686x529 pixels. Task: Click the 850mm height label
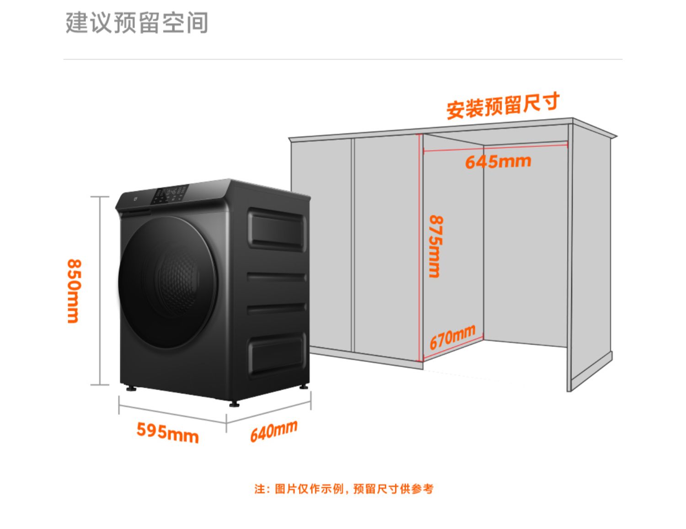point(74,291)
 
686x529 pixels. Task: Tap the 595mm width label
point(167,432)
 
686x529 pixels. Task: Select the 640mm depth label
point(273,431)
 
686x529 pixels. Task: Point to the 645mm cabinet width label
point(498,161)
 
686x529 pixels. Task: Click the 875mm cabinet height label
point(435,246)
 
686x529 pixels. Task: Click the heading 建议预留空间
point(137,23)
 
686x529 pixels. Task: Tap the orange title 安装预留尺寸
point(503,106)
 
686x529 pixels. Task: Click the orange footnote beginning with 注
point(343,489)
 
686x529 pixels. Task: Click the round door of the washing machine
point(167,281)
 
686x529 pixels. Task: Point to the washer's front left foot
point(132,389)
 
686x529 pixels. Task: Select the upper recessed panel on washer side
point(277,229)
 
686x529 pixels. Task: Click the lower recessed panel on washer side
point(277,354)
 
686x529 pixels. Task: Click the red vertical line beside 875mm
point(420,247)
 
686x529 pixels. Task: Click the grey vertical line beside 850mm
point(100,291)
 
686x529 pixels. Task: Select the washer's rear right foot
point(304,387)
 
